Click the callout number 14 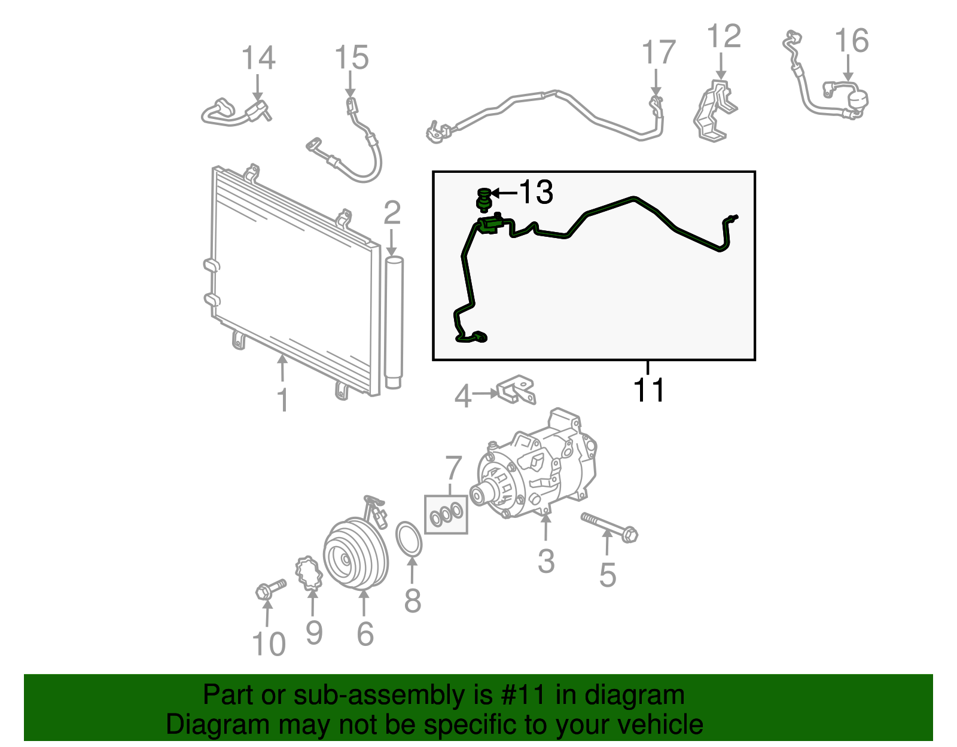pos(258,59)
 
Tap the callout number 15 pos(351,58)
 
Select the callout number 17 pos(659,53)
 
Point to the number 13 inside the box pos(535,193)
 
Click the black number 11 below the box pos(649,391)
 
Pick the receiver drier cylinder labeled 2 pos(394,323)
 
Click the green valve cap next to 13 pos(483,200)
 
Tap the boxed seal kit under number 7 pos(446,514)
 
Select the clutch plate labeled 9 pos(309,572)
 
